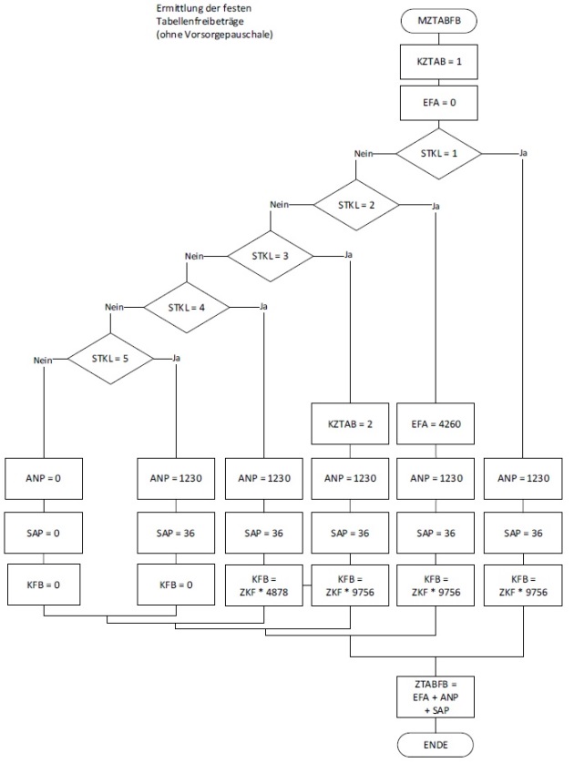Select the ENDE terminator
pyautogui.click(x=436, y=746)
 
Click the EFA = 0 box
pyautogui.click(x=436, y=103)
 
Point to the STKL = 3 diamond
pyautogui.click(x=270, y=257)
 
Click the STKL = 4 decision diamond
pyautogui.click(x=186, y=308)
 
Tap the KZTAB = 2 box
pyautogui.click(x=350, y=425)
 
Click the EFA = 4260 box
pyautogui.click(x=436, y=425)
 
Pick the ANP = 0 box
pyautogui.click(x=44, y=477)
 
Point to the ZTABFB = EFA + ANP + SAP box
pyautogui.click(x=436, y=697)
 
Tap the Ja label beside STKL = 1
pyautogui.click(x=523, y=152)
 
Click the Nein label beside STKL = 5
pyautogui.click(x=40, y=361)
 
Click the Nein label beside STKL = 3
pyautogui.click(x=194, y=257)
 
